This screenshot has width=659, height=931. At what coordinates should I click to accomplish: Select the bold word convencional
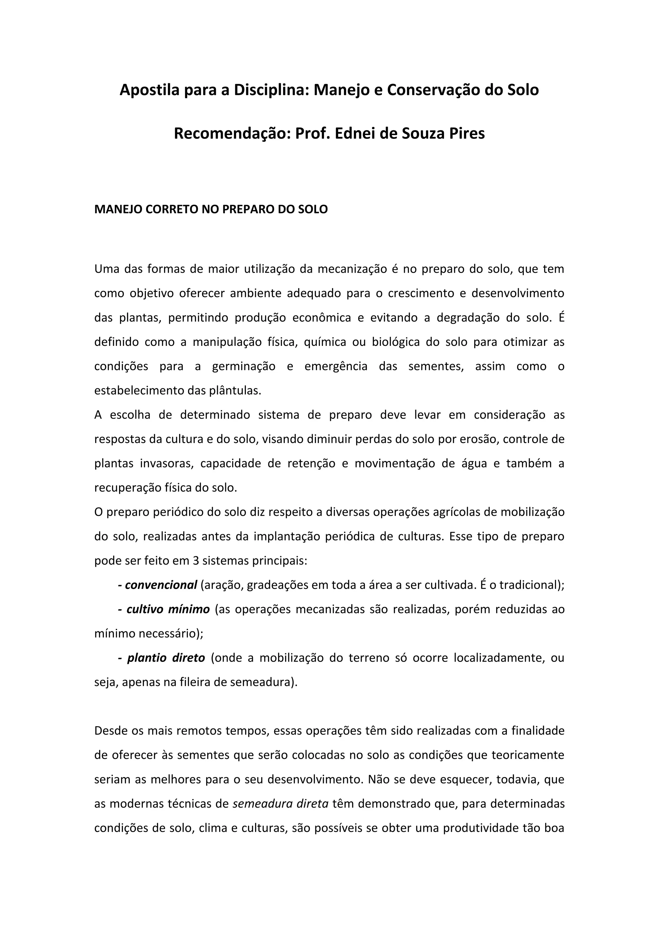[x=161, y=585]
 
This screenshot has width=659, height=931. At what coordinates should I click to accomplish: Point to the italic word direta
[x=312, y=804]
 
